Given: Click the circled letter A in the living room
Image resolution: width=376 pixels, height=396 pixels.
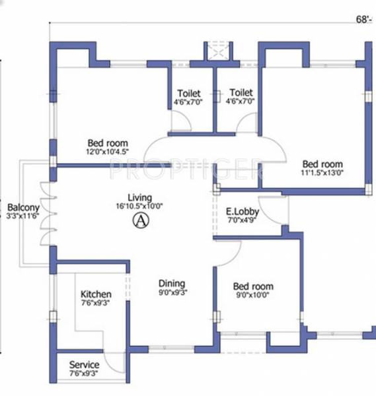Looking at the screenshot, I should point(139,222).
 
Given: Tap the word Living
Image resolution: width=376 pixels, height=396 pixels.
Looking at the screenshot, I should point(140,197).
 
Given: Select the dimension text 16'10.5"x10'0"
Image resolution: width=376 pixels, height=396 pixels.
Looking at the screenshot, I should point(140,205).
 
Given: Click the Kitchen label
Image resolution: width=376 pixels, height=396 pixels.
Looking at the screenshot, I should point(96,294).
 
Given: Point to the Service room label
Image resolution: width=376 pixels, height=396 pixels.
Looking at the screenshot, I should point(84,365).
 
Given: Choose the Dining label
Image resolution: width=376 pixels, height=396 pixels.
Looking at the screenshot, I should point(171,284).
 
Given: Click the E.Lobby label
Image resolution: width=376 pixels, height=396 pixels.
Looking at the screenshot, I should point(242,212).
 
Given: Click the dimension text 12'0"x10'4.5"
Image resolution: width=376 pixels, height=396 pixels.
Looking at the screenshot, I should point(108,150).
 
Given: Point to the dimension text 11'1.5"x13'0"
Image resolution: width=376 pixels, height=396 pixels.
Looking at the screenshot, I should point(322,172).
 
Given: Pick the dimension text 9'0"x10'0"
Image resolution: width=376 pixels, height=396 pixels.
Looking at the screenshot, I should point(253,295).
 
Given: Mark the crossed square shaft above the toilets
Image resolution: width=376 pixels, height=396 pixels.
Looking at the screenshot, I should point(217,51).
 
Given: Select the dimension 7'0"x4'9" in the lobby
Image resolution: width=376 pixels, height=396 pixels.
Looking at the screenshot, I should point(242,220).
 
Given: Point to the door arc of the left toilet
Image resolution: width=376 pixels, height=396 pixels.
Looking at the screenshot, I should point(180,120).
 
